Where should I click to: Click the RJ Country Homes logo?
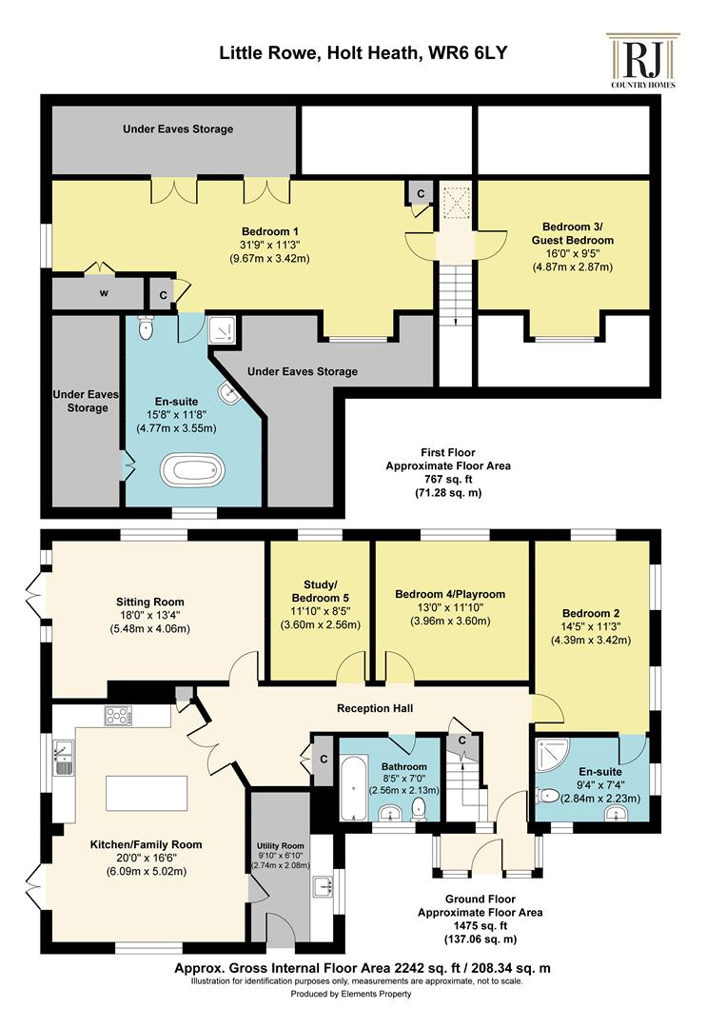643,60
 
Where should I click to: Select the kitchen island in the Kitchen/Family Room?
147,793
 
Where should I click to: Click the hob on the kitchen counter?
118,715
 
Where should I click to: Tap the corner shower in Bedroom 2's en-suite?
552,755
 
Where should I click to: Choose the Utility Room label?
281,846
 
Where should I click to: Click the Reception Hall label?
375,708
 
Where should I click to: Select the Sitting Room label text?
150,602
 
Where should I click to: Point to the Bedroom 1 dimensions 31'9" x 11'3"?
269,245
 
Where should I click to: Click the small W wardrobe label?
104,293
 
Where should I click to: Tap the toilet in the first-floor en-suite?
147,327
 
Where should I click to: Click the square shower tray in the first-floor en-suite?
222,331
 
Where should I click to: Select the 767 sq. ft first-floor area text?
448,479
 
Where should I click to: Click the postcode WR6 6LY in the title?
467,51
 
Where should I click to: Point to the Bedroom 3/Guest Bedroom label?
573,233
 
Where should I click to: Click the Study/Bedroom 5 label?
321,591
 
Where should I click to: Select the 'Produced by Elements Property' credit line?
351,994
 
